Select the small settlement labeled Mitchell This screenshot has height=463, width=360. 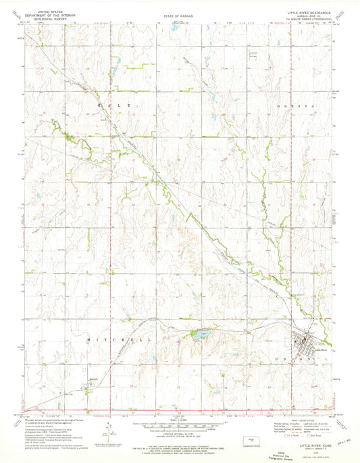click(95, 383)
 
